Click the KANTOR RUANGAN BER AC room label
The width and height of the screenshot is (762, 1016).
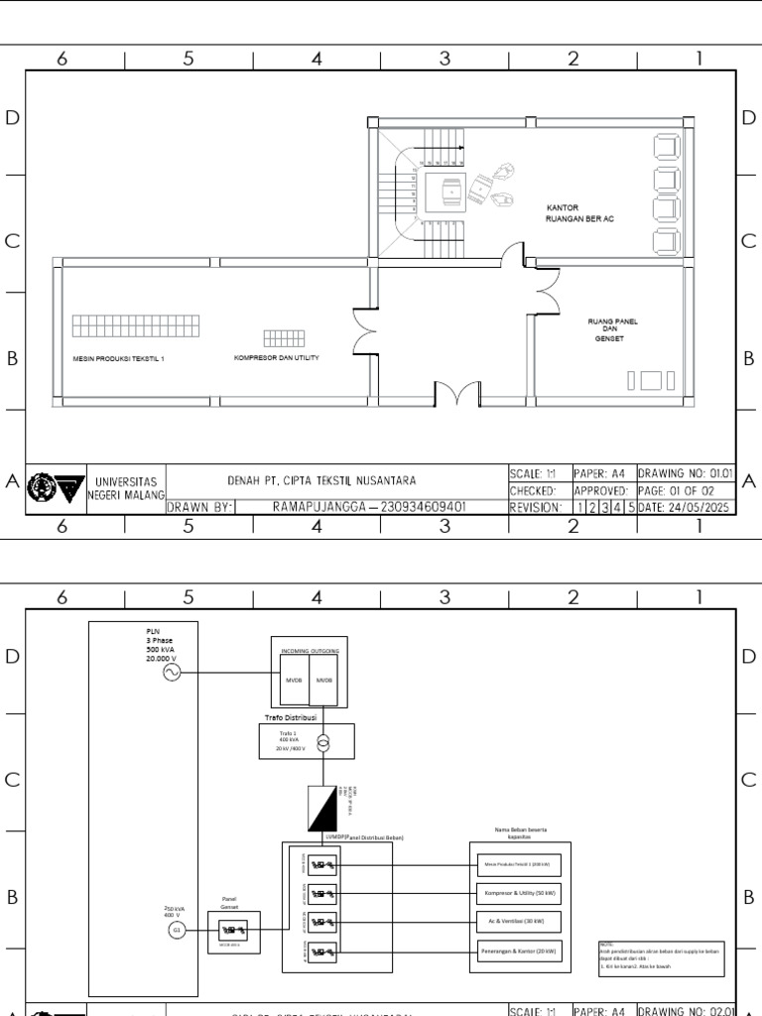pyautogui.click(x=580, y=213)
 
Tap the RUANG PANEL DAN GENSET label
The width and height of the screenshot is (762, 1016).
pyautogui.click(x=612, y=329)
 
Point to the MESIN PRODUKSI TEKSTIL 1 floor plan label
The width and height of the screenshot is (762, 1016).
pyautogui.click(x=119, y=358)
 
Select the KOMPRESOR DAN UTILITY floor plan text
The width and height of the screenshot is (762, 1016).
pyautogui.click(x=276, y=356)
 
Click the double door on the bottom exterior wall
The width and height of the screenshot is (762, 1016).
pyautogui.click(x=456, y=394)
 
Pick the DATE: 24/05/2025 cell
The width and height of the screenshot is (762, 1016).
pyautogui.click(x=685, y=507)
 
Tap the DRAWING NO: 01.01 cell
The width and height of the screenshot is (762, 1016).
pyautogui.click(x=685, y=473)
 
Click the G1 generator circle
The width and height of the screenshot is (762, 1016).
pyautogui.click(x=178, y=930)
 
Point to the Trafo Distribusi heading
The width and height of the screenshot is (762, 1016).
pyautogui.click(x=290, y=715)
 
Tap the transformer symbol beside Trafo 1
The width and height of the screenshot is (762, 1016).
pyautogui.click(x=320, y=740)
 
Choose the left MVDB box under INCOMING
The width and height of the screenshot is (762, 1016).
pyautogui.click(x=295, y=681)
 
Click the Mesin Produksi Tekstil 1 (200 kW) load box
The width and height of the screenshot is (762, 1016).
pyautogui.click(x=519, y=863)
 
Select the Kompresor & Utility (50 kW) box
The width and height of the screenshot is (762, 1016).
pyautogui.click(x=519, y=893)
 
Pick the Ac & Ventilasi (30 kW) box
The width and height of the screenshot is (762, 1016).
pyautogui.click(x=519, y=922)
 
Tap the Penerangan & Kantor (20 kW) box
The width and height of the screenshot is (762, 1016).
pyautogui.click(x=519, y=952)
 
